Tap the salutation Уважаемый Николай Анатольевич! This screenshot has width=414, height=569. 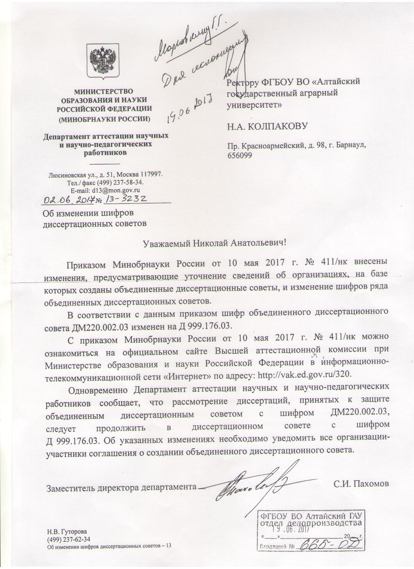(215, 243)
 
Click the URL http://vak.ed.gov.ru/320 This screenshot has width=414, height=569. (304, 374)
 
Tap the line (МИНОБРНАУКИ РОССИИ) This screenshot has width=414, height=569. (104, 119)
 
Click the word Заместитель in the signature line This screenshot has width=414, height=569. (66, 488)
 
